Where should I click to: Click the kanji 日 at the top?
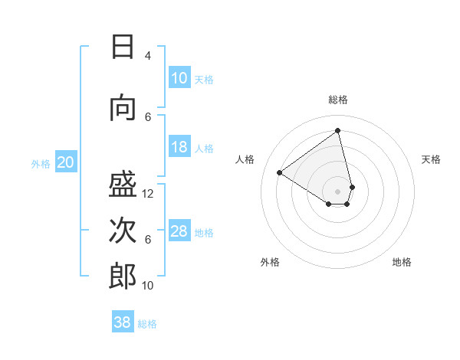coord(123,47)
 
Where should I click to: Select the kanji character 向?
coord(123,109)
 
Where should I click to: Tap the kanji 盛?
coord(123,183)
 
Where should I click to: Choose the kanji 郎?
coord(123,276)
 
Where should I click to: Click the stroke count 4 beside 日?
coord(148,56)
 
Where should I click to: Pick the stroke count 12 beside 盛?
coord(148,193)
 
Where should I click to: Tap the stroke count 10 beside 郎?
coord(148,286)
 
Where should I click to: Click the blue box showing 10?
coord(179,78)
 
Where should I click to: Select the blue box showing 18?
coord(179,147)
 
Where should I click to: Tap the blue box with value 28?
coord(179,231)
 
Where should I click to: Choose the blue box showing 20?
coord(65,162)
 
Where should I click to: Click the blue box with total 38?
coord(123,322)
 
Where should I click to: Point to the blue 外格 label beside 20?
coord(41,163)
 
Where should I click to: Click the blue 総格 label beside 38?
coord(147,324)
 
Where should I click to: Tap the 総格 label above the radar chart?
coord(338,100)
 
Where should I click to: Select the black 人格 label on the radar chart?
coord(245,159)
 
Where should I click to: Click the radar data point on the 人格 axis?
coord(280,172)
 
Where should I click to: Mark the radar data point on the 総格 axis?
coord(338,131)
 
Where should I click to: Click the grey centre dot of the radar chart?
coord(338,191)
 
